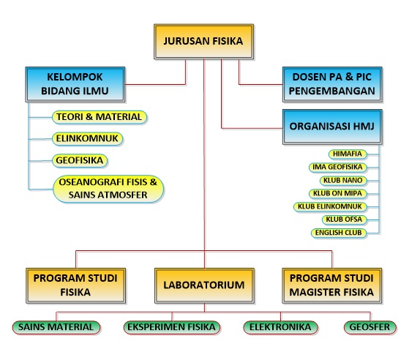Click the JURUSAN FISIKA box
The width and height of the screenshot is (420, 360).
pyautogui.click(x=203, y=42)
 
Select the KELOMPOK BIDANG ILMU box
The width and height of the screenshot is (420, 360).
pyautogui.click(x=75, y=84)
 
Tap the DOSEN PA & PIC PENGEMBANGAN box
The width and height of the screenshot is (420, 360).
pyautogui.click(x=332, y=84)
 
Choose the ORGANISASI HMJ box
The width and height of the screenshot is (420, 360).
pyautogui.click(x=332, y=127)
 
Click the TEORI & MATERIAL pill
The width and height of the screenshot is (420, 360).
pyautogui.click(x=100, y=117)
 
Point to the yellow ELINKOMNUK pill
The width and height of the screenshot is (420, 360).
pyautogui.click(x=87, y=139)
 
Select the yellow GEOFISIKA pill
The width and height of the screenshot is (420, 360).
pyautogui.click(x=80, y=161)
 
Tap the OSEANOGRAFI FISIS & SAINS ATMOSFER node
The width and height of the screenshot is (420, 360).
pyautogui.click(x=108, y=189)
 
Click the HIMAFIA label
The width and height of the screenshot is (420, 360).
pyautogui.click(x=348, y=154)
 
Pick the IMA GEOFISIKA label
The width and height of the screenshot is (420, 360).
pyautogui.click(x=337, y=167)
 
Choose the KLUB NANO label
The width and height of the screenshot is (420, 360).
pyautogui.click(x=343, y=180)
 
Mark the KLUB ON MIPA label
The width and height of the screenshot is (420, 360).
pyautogui.click(x=337, y=193)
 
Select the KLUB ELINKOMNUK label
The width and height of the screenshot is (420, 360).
pyautogui.click(x=330, y=206)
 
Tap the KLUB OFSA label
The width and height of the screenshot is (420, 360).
pyautogui.click(x=344, y=220)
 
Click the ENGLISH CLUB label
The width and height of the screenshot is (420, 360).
pyautogui.click(x=339, y=233)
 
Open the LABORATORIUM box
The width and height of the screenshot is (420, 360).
pyautogui.click(x=204, y=285)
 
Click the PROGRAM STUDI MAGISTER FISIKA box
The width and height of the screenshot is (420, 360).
pyautogui.click(x=331, y=285)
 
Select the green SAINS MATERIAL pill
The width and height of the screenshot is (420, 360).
pyautogui.click(x=56, y=327)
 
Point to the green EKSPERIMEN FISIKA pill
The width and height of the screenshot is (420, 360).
pyautogui.click(x=172, y=327)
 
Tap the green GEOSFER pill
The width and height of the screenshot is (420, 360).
pyautogui.click(x=370, y=327)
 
